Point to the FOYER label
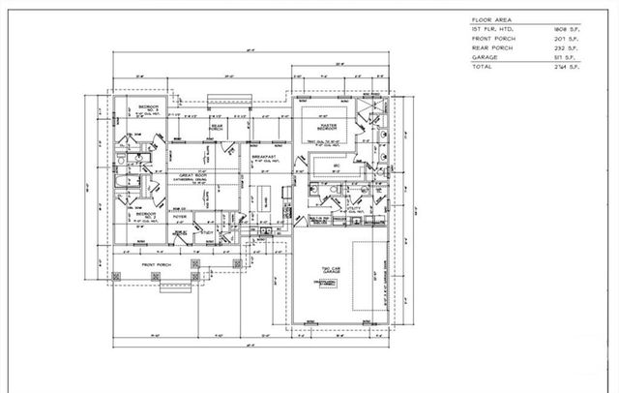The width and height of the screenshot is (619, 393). [x=180, y=217]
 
